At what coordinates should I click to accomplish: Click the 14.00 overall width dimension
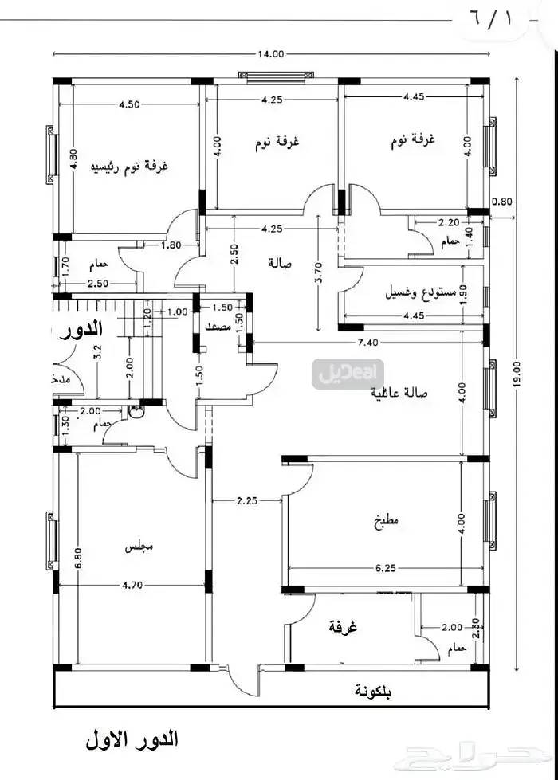[x=270, y=54]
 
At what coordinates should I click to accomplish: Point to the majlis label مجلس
[x=139, y=548]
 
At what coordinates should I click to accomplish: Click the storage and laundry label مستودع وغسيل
[x=410, y=292]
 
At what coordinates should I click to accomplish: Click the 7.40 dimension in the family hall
[x=367, y=343]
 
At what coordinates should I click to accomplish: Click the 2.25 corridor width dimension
[x=247, y=501]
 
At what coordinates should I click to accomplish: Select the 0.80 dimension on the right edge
[x=502, y=202]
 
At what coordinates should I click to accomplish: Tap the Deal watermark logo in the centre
[x=349, y=373]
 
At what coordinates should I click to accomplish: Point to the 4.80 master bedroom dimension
[x=73, y=163]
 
